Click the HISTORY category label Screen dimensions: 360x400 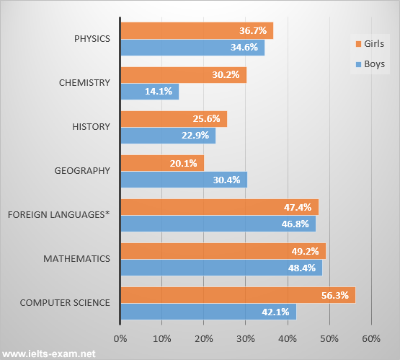[x=92, y=127]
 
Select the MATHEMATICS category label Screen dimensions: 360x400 [x=77, y=258]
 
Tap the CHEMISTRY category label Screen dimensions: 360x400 [x=84, y=83]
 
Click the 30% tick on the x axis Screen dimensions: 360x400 [x=246, y=338]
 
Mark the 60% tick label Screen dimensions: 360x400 [x=371, y=338]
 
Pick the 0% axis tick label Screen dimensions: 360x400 [x=120, y=338]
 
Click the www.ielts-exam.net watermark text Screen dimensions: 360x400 [x=49, y=354]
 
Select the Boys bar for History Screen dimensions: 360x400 [x=167, y=136]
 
